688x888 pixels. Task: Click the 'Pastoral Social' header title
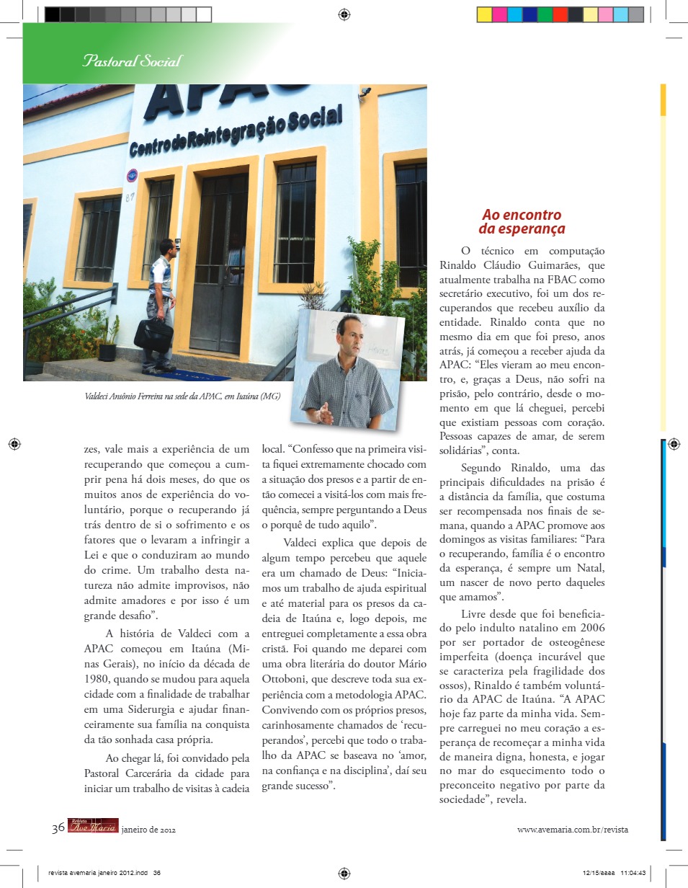[x=131, y=61]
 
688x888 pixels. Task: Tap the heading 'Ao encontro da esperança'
[x=522, y=222]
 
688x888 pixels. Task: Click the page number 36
[x=58, y=829]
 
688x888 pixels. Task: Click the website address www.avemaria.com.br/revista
[x=572, y=830]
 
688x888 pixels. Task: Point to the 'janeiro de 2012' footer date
[x=148, y=830]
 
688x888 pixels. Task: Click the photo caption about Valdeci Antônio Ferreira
[x=182, y=396]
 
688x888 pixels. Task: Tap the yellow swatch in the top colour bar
[x=485, y=14]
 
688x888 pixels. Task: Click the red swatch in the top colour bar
[x=560, y=14]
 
